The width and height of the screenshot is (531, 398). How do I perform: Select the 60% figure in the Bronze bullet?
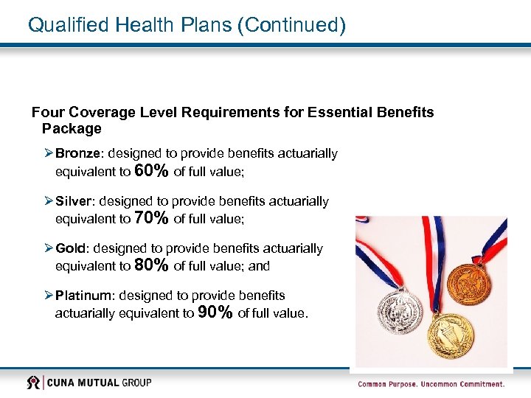152,172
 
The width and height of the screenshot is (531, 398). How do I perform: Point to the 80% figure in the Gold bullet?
152,266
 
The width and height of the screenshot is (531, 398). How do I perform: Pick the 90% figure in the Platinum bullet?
216,313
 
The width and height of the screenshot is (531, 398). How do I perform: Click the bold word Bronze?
81,153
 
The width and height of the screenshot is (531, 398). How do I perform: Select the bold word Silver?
74,200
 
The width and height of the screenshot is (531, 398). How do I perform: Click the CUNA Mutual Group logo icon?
34,383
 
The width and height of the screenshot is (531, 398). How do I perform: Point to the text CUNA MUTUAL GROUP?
100,383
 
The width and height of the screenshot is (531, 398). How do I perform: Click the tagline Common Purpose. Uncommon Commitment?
431,384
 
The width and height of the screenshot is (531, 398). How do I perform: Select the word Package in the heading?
72,129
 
